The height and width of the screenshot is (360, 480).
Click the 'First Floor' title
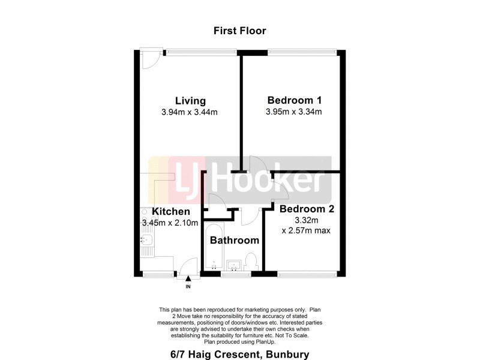[x=239, y=31]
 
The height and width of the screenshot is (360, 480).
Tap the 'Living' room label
[x=190, y=101]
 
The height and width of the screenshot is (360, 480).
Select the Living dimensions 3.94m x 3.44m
[x=189, y=112]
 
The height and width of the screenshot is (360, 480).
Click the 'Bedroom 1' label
[x=295, y=100]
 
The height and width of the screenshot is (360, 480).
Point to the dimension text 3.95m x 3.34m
[x=294, y=112]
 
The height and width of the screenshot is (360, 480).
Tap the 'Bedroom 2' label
[x=307, y=209]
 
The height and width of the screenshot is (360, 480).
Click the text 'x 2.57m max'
[x=306, y=230]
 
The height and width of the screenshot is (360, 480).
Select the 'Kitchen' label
[x=171, y=212]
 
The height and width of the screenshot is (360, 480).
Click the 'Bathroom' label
[x=234, y=241]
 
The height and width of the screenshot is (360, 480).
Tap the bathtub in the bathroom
[x=214, y=248]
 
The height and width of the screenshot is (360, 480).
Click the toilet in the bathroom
[x=251, y=262]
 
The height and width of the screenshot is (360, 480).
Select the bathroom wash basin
[x=234, y=265]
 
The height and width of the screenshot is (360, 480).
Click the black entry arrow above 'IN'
[x=188, y=278]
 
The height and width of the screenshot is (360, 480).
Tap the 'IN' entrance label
[x=188, y=287]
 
